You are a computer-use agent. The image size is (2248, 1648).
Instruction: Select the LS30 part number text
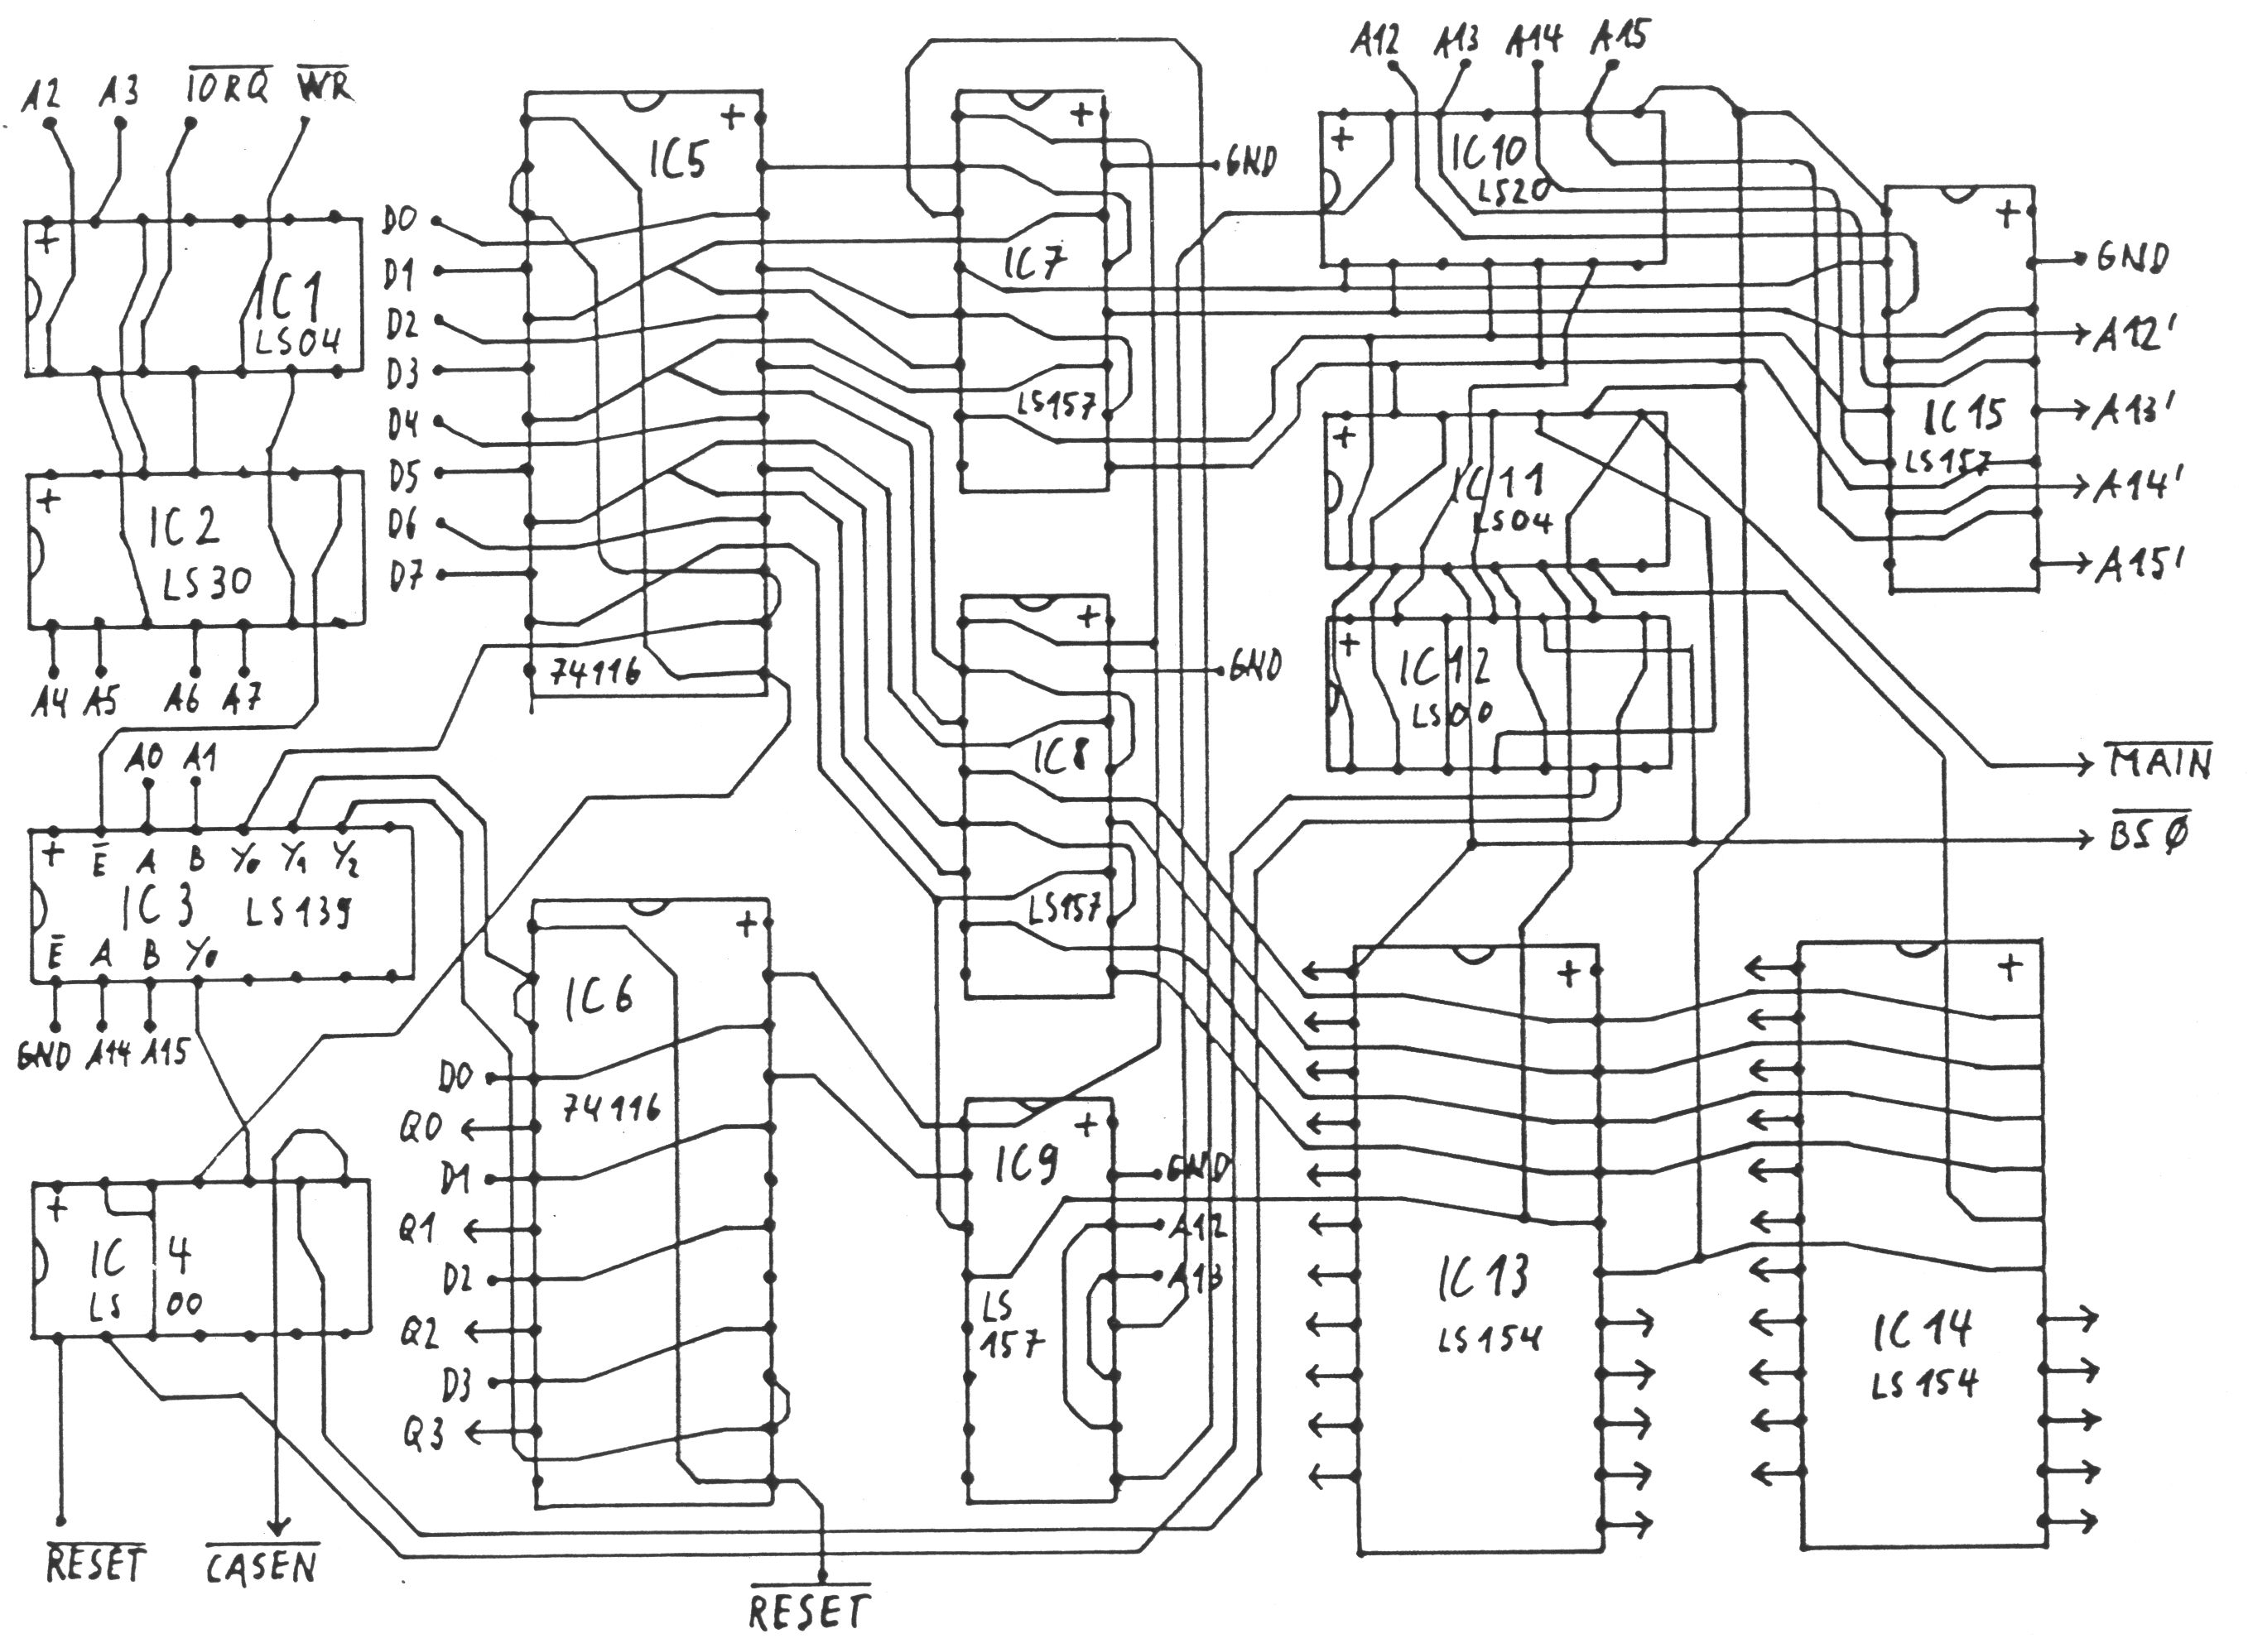(x=208, y=583)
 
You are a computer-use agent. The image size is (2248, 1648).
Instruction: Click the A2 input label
(x=41, y=94)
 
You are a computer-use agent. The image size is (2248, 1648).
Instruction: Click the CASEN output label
(x=262, y=1566)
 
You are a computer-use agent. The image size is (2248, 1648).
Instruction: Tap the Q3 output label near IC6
(x=422, y=1434)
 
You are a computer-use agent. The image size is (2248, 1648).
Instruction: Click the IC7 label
(x=1033, y=263)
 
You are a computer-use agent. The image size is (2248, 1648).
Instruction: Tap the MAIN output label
(x=2160, y=763)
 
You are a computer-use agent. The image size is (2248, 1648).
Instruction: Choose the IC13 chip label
(x=1483, y=1277)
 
